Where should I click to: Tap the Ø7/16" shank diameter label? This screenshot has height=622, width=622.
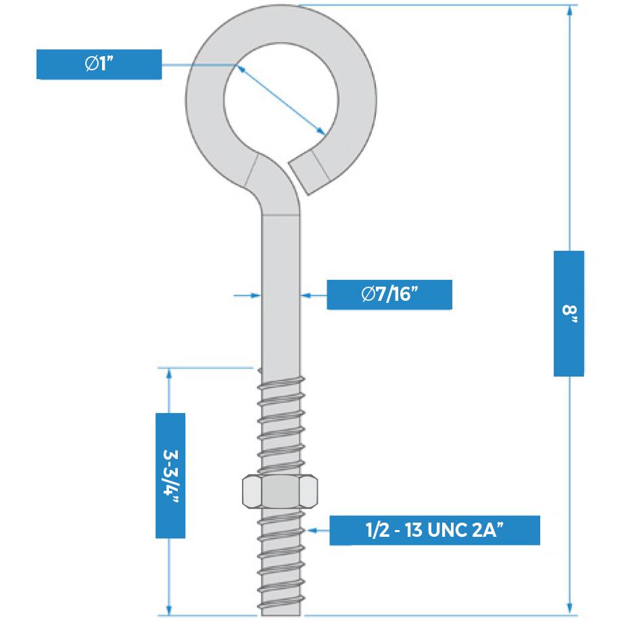click(x=389, y=294)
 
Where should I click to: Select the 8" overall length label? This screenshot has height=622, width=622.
click(x=569, y=313)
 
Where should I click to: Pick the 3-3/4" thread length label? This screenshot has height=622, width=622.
click(x=170, y=475)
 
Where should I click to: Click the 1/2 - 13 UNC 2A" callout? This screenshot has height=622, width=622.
click(x=434, y=530)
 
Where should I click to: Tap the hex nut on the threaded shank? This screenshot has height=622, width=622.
click(x=279, y=492)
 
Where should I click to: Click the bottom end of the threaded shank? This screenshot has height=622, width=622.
click(x=279, y=612)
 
